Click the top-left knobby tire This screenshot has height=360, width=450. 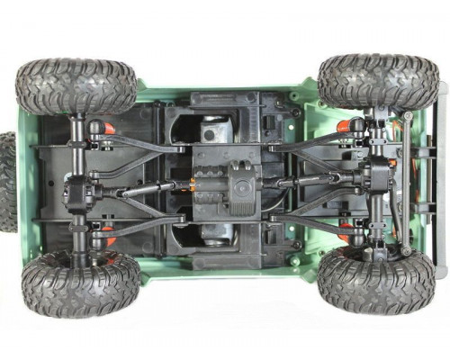[x=76, y=86]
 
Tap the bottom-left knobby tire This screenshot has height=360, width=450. [x=81, y=284]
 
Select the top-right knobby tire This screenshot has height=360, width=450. [x=378, y=81]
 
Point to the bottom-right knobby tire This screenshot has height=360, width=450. [x=377, y=280]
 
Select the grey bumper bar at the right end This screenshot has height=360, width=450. [x=440, y=180]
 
